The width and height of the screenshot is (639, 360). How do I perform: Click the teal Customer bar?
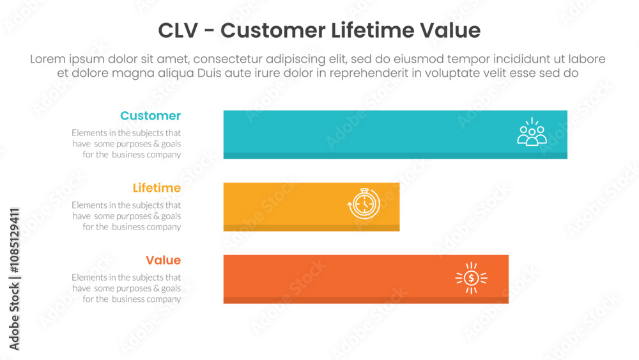396,134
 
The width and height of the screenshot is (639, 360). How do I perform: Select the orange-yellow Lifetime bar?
311,207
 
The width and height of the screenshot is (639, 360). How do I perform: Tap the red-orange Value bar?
366,279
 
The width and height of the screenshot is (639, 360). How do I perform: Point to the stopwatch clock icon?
364,203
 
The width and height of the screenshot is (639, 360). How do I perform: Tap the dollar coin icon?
472,278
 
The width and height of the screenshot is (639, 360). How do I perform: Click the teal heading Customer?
150,116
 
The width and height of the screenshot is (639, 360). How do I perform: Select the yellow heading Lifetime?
157,188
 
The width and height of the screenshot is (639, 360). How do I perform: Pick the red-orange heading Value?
163,260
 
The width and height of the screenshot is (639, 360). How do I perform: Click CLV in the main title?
178,31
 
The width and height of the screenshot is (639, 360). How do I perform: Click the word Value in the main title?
450,31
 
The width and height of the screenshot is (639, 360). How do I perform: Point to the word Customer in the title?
273,31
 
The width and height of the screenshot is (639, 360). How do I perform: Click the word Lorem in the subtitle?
48,59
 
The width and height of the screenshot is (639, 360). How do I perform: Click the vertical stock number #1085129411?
14,240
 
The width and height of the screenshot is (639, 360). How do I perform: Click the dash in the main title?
210,31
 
